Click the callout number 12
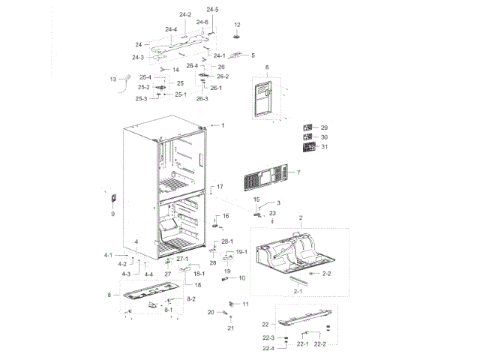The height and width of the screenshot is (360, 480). [x=237, y=25]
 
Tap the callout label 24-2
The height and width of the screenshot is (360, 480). [x=185, y=15]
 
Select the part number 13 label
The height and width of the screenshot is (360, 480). [x=113, y=78]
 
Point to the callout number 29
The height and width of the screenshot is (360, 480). [x=324, y=127]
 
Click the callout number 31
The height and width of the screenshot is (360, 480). [x=324, y=146]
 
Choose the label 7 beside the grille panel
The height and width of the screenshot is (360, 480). [x=298, y=173]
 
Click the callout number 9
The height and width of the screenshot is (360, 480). [x=113, y=214]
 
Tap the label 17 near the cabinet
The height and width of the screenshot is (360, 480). [x=220, y=186]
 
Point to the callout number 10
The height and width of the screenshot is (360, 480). [x=241, y=278]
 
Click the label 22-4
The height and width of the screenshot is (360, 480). [x=268, y=349]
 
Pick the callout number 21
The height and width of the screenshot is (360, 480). [x=231, y=328]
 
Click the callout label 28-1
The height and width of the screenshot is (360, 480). [x=227, y=241]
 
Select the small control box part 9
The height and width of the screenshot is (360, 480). [x=114, y=199]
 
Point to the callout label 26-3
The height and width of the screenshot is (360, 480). [x=202, y=99]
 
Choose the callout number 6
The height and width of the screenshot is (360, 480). [x=266, y=67]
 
